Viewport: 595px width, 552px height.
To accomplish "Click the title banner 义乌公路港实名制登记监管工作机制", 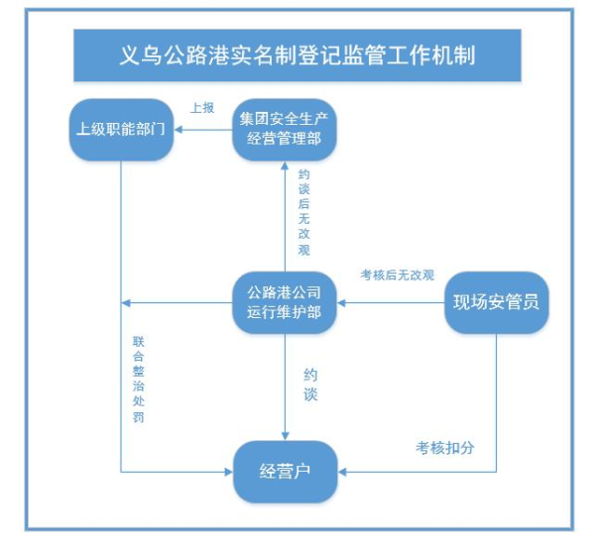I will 298,55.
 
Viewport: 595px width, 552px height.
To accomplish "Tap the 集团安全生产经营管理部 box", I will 285,128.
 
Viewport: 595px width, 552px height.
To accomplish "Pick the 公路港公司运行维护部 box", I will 285,302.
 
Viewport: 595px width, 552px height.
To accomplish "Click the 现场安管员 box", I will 496,302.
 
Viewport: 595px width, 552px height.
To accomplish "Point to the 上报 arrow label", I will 202,107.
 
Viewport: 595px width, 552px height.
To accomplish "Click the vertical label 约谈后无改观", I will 303,210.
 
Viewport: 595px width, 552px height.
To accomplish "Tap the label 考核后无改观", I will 397,275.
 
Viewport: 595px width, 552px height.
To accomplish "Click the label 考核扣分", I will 444,447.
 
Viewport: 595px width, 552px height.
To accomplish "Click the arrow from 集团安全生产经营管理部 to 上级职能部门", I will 204,128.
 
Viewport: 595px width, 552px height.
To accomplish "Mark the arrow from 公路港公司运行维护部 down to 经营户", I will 285,386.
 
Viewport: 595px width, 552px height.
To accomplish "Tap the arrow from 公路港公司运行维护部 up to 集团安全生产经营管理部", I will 285,213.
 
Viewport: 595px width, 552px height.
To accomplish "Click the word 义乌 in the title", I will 133,55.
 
